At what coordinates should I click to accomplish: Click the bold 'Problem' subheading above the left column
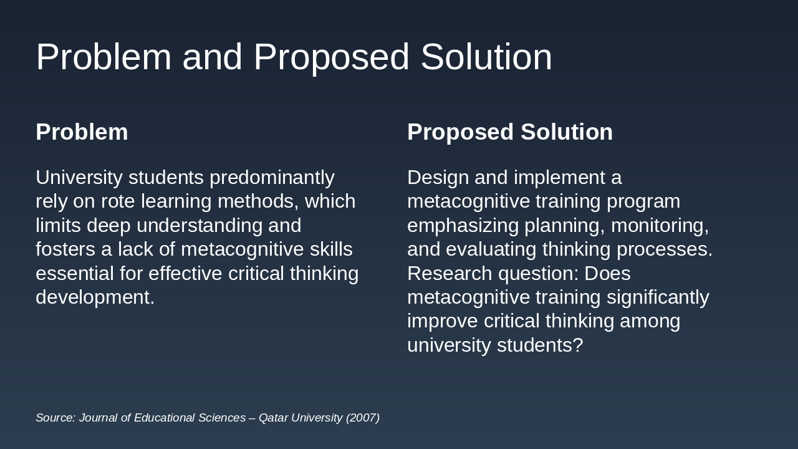pyautogui.click(x=82, y=132)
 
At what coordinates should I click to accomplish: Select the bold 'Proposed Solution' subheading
pyautogui.click(x=510, y=132)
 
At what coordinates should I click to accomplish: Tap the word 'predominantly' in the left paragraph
pyautogui.click(x=272, y=178)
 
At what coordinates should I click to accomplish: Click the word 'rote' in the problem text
pyautogui.click(x=118, y=201)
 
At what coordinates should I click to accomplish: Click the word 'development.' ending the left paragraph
pyautogui.click(x=95, y=297)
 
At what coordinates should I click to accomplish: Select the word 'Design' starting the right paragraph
pyautogui.click(x=438, y=178)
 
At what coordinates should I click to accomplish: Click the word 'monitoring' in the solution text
pyautogui.click(x=658, y=226)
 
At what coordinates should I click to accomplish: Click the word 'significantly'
pyautogui.click(x=658, y=297)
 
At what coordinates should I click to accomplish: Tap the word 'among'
pyautogui.click(x=651, y=321)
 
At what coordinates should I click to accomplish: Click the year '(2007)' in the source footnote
pyautogui.click(x=362, y=418)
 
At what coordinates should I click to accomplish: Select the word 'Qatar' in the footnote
pyautogui.click(x=273, y=418)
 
